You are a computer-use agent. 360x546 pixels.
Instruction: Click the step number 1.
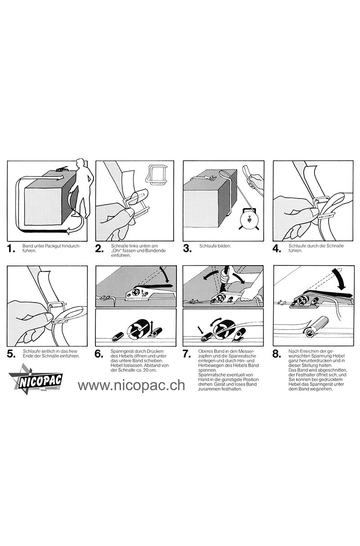(x=11, y=249)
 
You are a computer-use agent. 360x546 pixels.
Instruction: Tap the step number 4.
(x=277, y=249)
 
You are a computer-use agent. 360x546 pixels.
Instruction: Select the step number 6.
(x=99, y=354)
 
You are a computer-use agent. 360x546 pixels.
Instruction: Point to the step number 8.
(x=277, y=354)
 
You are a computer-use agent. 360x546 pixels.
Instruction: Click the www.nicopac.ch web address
(x=131, y=385)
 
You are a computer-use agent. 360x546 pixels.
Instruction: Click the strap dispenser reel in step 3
(x=249, y=219)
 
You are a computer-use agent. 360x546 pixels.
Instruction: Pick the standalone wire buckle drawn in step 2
(x=156, y=174)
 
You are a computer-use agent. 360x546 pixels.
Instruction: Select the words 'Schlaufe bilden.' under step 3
(x=215, y=246)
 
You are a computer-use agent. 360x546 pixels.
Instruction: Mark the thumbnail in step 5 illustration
(x=49, y=317)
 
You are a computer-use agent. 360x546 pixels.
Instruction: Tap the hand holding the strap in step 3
(x=254, y=182)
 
